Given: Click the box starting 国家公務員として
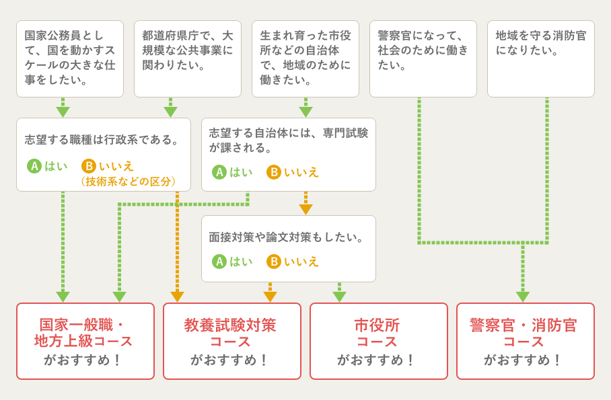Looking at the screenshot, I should point(70,58).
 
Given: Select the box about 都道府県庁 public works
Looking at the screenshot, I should point(188,58).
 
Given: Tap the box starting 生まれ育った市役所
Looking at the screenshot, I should point(305,58).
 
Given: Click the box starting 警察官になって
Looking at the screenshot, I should point(423,58).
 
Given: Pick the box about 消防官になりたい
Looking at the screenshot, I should point(541,58).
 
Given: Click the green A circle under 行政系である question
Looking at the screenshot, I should point(34,166).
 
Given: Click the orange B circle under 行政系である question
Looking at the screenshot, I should point(89,166).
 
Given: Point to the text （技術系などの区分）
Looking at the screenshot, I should point(128,182).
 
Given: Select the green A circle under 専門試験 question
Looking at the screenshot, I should point(219,172).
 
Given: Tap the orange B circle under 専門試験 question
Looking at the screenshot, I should point(274,172).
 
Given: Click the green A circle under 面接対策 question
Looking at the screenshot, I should point(219,262).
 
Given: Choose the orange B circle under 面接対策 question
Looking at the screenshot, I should point(274,262).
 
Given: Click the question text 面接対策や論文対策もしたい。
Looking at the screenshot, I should point(288,237).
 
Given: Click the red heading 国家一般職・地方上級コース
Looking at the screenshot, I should point(85,333).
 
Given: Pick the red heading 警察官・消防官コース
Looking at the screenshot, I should point(524,333).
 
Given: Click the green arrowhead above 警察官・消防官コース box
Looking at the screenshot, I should point(523,296).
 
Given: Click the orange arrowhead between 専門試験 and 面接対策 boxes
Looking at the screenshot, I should point(305,209).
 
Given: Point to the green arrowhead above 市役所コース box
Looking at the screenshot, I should point(339,296).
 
